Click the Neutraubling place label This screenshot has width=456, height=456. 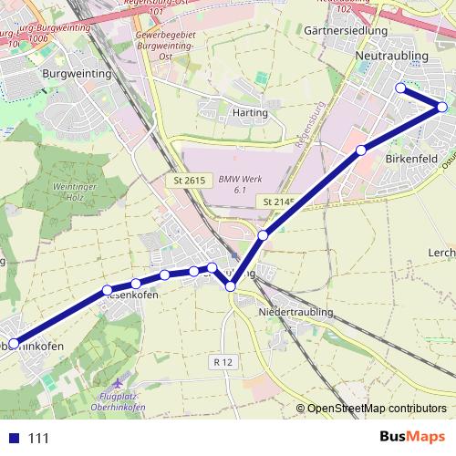(390, 56)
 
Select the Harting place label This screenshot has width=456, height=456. (250, 112)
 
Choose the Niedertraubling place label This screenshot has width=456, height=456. (295, 312)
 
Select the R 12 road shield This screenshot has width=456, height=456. (223, 362)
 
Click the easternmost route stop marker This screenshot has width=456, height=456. (442, 107)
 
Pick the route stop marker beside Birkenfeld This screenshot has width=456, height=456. (361, 150)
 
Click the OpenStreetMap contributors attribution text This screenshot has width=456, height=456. (378, 409)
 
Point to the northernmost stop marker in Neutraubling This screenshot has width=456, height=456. (399, 88)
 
